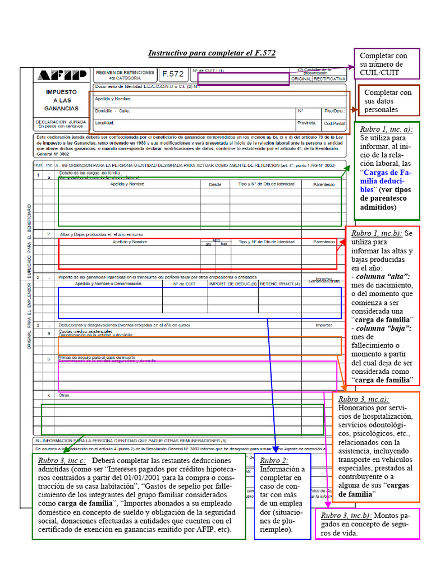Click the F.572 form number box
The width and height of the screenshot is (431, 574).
pos(173,74)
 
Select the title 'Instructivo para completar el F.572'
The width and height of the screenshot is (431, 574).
pos(212,53)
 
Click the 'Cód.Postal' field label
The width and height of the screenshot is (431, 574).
pos(335,123)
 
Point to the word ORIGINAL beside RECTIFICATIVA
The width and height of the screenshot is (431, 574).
pos(301,80)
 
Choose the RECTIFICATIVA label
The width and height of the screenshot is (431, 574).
pos(329,80)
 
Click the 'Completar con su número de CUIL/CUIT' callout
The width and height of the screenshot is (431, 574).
pos(387,64)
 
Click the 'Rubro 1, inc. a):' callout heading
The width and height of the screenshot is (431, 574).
pos(386,129)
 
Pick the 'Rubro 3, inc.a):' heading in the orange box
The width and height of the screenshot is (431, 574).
pos(364,399)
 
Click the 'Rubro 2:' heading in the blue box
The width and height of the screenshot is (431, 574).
pos(274,460)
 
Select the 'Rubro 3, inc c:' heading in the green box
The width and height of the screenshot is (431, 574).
pos(62,460)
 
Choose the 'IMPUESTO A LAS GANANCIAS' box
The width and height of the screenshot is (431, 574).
pos(61,100)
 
